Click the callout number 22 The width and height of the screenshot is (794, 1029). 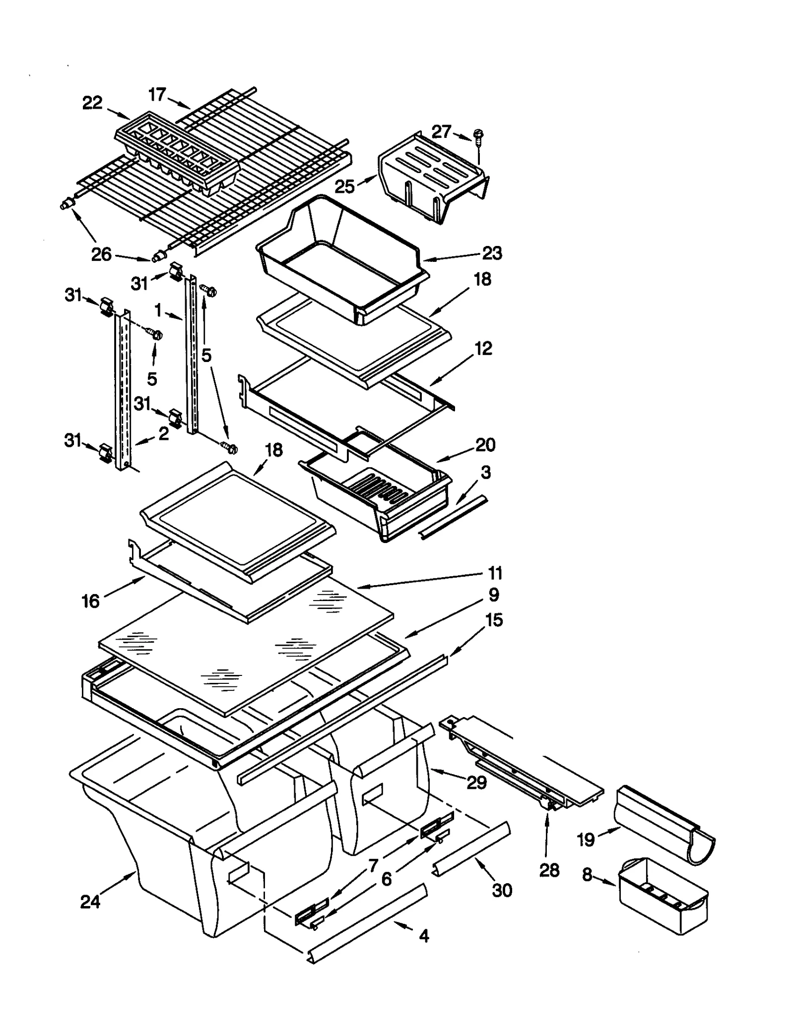92,103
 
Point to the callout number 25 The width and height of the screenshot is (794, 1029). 344,186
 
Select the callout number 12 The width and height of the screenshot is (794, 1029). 483,348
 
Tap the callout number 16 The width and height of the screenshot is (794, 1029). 91,601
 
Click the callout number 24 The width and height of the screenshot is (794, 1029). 90,901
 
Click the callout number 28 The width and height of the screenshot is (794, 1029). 549,870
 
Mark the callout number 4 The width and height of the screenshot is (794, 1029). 423,936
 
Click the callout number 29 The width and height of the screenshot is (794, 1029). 476,782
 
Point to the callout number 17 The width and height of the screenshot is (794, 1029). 157,94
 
